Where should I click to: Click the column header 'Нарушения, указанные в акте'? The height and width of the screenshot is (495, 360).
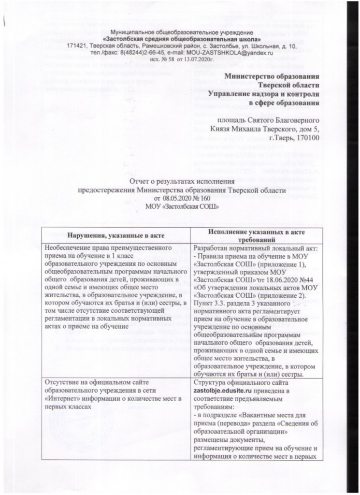[x=115, y=235]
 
